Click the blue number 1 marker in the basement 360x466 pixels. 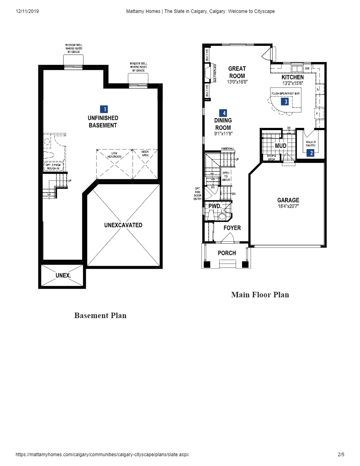click(x=104, y=109)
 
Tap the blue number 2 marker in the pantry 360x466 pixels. click(x=311, y=153)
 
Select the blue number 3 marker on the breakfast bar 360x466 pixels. click(x=286, y=102)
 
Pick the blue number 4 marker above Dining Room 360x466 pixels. click(x=223, y=113)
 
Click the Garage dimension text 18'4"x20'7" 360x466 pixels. click(x=288, y=206)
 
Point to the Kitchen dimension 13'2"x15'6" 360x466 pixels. click(x=293, y=83)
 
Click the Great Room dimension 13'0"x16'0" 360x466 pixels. click(x=237, y=82)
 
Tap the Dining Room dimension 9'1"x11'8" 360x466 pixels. click(x=223, y=134)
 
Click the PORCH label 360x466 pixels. click(x=227, y=253)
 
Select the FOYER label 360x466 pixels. click(x=232, y=228)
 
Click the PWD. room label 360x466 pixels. click(x=215, y=206)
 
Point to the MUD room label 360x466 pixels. click(x=280, y=146)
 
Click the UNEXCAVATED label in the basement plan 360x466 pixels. click(x=123, y=225)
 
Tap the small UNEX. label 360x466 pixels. click(x=63, y=275)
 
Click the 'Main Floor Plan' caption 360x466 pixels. click(x=260, y=295)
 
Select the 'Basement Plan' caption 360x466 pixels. click(x=100, y=315)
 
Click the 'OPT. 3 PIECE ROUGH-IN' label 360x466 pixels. click(x=53, y=167)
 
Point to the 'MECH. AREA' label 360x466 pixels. click(x=145, y=153)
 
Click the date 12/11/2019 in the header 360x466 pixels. click(x=27, y=11)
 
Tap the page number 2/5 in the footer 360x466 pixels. click(x=341, y=455)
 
